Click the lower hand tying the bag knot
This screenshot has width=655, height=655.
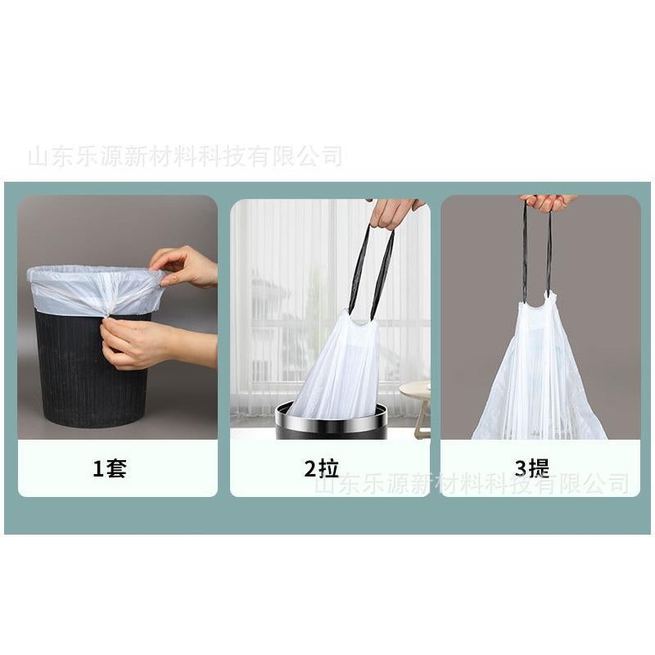coord(135,344)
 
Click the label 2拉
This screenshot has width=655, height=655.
coord(321,469)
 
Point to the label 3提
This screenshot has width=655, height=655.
coord(532,469)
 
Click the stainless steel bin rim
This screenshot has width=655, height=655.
coord(331,413)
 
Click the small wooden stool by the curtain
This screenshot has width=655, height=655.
coord(418,401)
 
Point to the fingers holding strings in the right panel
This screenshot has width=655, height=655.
coord(547,201)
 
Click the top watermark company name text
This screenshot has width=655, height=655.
coord(184,156)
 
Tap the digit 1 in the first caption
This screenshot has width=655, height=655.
coord(97,469)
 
